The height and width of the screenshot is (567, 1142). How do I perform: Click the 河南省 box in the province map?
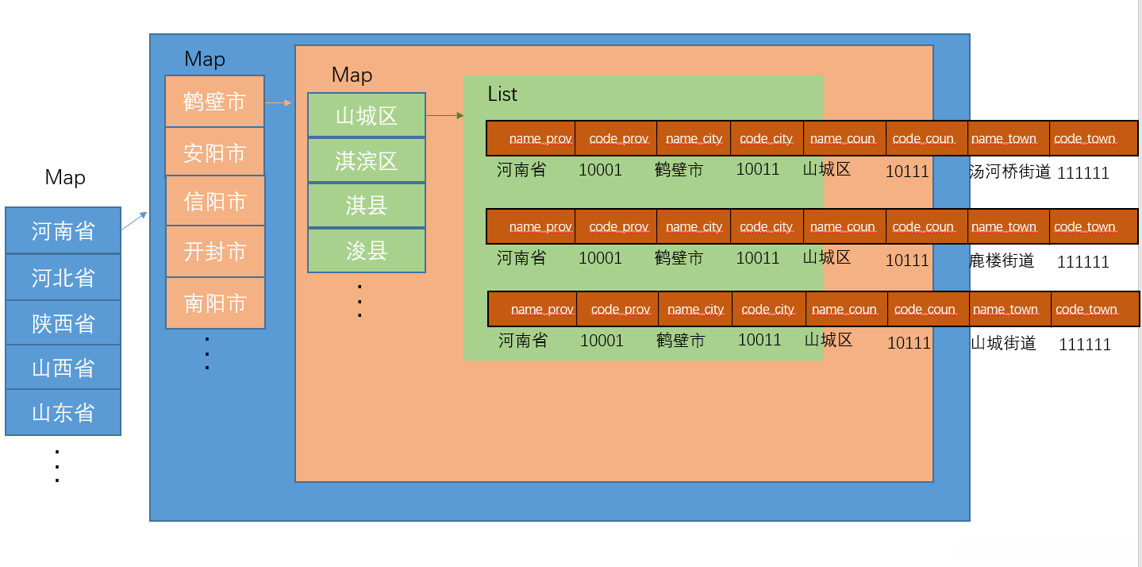click(63, 231)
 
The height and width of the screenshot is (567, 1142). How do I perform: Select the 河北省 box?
click(63, 277)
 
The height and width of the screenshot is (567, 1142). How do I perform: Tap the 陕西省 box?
click(63, 322)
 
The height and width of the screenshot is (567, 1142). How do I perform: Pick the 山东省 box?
click(63, 412)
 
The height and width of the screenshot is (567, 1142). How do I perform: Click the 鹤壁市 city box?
click(214, 102)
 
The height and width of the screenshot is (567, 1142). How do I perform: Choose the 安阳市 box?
click(214, 152)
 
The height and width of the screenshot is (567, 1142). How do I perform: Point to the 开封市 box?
click(214, 252)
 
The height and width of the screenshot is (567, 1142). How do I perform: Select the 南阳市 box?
click(214, 303)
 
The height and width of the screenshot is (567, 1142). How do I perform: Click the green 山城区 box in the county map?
click(366, 116)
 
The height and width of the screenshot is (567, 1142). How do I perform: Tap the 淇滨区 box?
click(366, 160)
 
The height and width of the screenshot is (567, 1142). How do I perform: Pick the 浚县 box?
click(366, 251)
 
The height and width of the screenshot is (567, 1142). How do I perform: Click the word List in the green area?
click(502, 94)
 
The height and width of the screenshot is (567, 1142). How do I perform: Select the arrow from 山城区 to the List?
click(444, 115)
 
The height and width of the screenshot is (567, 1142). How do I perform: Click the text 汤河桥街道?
click(1009, 171)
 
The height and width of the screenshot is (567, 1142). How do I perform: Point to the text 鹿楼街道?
click(1002, 260)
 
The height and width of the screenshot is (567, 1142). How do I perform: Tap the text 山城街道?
click(1003, 343)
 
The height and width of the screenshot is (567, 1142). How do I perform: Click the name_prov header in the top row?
click(540, 139)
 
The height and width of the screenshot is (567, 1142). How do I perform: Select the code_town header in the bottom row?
click(1086, 310)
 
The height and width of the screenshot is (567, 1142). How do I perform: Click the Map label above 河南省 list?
click(65, 177)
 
